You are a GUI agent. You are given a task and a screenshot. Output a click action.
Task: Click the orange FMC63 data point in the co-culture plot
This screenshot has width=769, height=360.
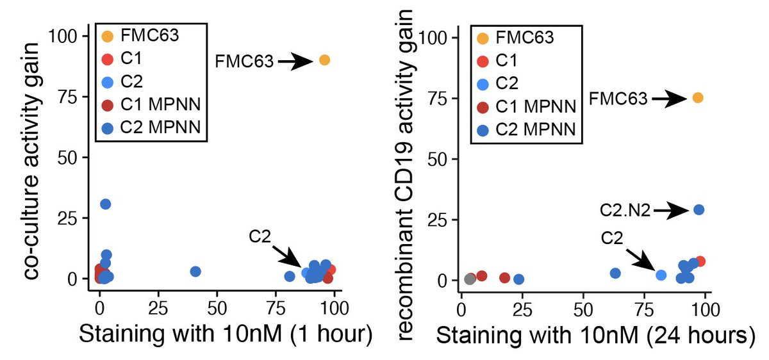point(324,60)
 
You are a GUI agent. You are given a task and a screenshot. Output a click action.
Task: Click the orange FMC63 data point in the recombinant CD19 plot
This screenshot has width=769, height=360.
point(698,98)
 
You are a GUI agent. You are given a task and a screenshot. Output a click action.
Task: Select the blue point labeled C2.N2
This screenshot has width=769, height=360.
point(699,209)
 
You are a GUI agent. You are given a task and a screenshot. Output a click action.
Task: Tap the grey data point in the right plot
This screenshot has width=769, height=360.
point(470,279)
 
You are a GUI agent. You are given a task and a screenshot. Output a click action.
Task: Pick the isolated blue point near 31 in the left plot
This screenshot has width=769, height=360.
point(105,204)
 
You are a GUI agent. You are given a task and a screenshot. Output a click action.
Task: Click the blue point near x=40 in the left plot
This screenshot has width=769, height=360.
point(195,272)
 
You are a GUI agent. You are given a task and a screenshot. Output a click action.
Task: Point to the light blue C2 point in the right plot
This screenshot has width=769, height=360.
point(661,275)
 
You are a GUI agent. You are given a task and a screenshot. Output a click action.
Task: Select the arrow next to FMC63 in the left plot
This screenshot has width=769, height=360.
point(295,61)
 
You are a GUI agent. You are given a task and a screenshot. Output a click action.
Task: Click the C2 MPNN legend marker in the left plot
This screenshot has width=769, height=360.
point(108,128)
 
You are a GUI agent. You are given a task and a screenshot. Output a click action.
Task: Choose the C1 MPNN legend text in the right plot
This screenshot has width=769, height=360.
point(536,106)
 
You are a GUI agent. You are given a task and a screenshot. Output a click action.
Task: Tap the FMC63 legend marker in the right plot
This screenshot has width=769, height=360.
point(483,39)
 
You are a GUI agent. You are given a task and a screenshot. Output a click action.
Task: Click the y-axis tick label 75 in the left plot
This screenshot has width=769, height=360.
point(68,97)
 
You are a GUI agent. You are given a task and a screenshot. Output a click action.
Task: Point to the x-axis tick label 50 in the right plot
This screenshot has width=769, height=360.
point(583,310)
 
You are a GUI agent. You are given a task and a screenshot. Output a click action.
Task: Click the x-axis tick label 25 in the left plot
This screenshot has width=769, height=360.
point(158,309)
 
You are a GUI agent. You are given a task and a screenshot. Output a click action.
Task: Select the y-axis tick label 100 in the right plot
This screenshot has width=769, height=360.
point(433,38)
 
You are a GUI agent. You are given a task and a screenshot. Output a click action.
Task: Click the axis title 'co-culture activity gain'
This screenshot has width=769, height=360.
point(33,161)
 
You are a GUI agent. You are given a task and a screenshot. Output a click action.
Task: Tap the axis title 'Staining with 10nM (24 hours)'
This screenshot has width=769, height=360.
point(595,336)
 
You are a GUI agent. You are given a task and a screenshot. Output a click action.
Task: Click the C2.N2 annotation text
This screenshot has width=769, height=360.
point(625,210)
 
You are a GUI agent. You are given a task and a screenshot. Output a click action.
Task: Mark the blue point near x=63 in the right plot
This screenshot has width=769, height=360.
point(615,273)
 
